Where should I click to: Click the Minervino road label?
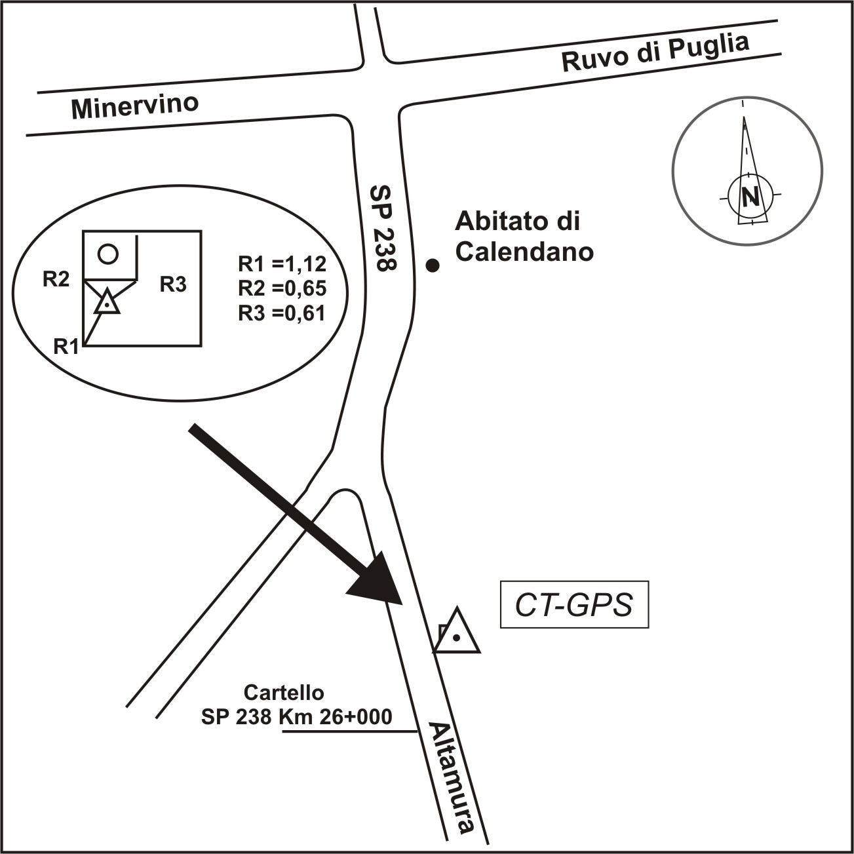coord(135,106)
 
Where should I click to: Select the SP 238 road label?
coord(384,228)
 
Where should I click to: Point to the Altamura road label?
coord(451,777)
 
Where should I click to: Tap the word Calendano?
coord(524,252)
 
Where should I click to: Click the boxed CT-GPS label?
coord(574,605)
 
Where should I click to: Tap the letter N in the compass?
coord(750,196)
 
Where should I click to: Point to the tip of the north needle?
coord(744,118)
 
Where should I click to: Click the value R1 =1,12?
coord(282,264)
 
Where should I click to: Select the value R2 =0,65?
coord(282,288)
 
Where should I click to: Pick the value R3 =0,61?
coord(282,313)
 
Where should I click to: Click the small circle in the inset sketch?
coord(108,253)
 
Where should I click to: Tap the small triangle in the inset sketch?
coord(106,303)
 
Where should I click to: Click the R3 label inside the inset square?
coord(173,284)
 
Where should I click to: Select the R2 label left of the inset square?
coord(56,279)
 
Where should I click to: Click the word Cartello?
coord(284,692)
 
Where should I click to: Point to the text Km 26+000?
coord(336,716)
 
